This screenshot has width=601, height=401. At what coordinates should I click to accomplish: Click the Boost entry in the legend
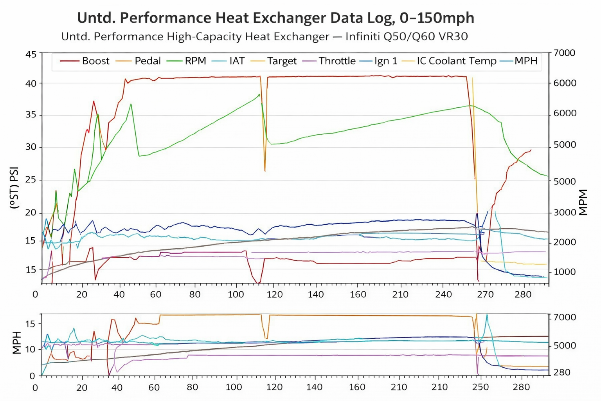click(95, 61)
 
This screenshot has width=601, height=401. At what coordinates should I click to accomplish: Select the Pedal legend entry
click(148, 61)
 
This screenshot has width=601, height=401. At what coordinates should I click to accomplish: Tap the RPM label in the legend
click(195, 61)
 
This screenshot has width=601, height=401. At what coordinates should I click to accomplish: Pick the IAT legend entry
click(237, 61)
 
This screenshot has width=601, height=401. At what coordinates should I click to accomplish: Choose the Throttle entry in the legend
click(337, 61)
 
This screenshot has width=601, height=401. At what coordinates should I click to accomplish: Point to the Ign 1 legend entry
click(386, 61)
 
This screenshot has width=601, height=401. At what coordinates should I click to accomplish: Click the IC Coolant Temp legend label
click(456, 61)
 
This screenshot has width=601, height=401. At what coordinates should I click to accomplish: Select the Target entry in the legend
click(282, 61)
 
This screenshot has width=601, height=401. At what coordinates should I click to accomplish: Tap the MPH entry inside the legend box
click(526, 61)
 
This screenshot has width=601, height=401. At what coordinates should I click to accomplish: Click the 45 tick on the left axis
click(31, 54)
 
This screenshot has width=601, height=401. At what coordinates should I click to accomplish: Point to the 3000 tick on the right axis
click(565, 212)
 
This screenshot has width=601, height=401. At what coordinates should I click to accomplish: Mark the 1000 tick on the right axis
click(565, 272)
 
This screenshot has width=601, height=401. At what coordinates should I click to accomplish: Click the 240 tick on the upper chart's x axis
click(443, 294)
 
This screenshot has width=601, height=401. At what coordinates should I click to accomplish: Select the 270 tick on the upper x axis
click(485, 294)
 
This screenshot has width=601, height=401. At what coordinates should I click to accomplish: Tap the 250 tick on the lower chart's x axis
click(480, 387)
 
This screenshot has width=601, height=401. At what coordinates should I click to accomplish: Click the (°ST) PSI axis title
click(14, 188)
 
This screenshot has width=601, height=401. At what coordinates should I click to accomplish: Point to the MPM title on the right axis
click(583, 202)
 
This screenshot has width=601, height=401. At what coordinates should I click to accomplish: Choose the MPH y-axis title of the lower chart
click(16, 343)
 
